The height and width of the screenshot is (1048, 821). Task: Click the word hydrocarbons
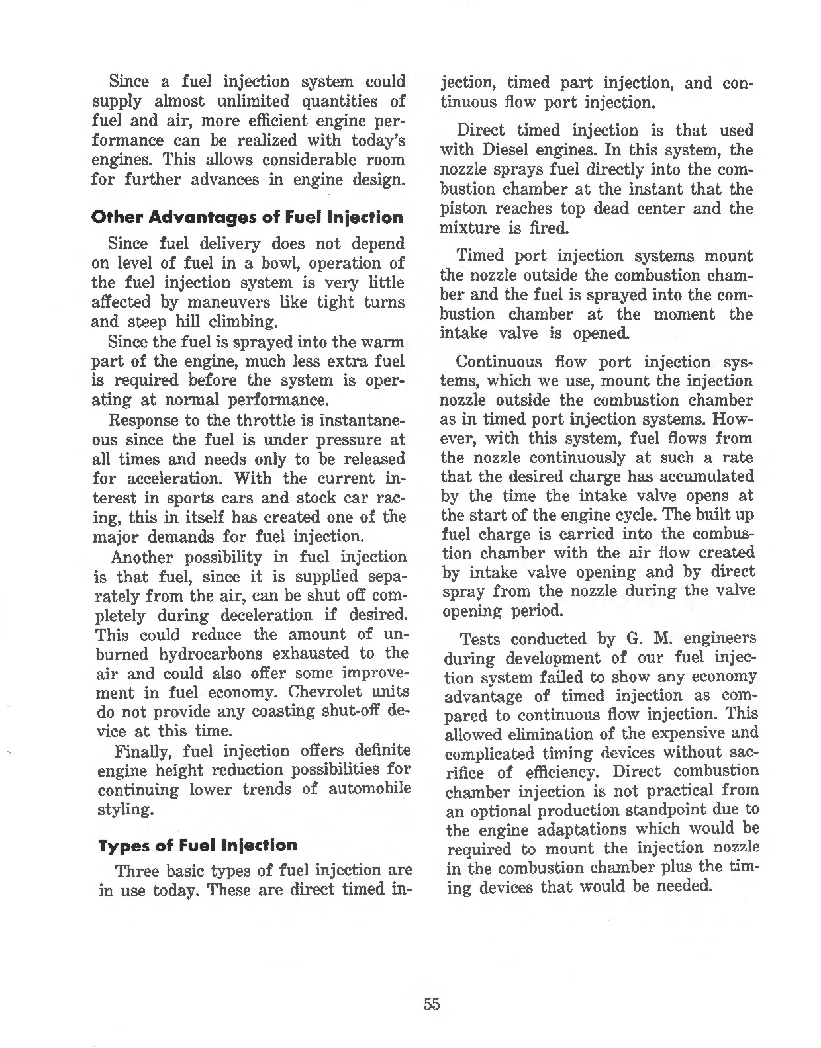(x=211, y=654)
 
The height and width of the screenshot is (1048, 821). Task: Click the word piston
(x=462, y=209)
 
